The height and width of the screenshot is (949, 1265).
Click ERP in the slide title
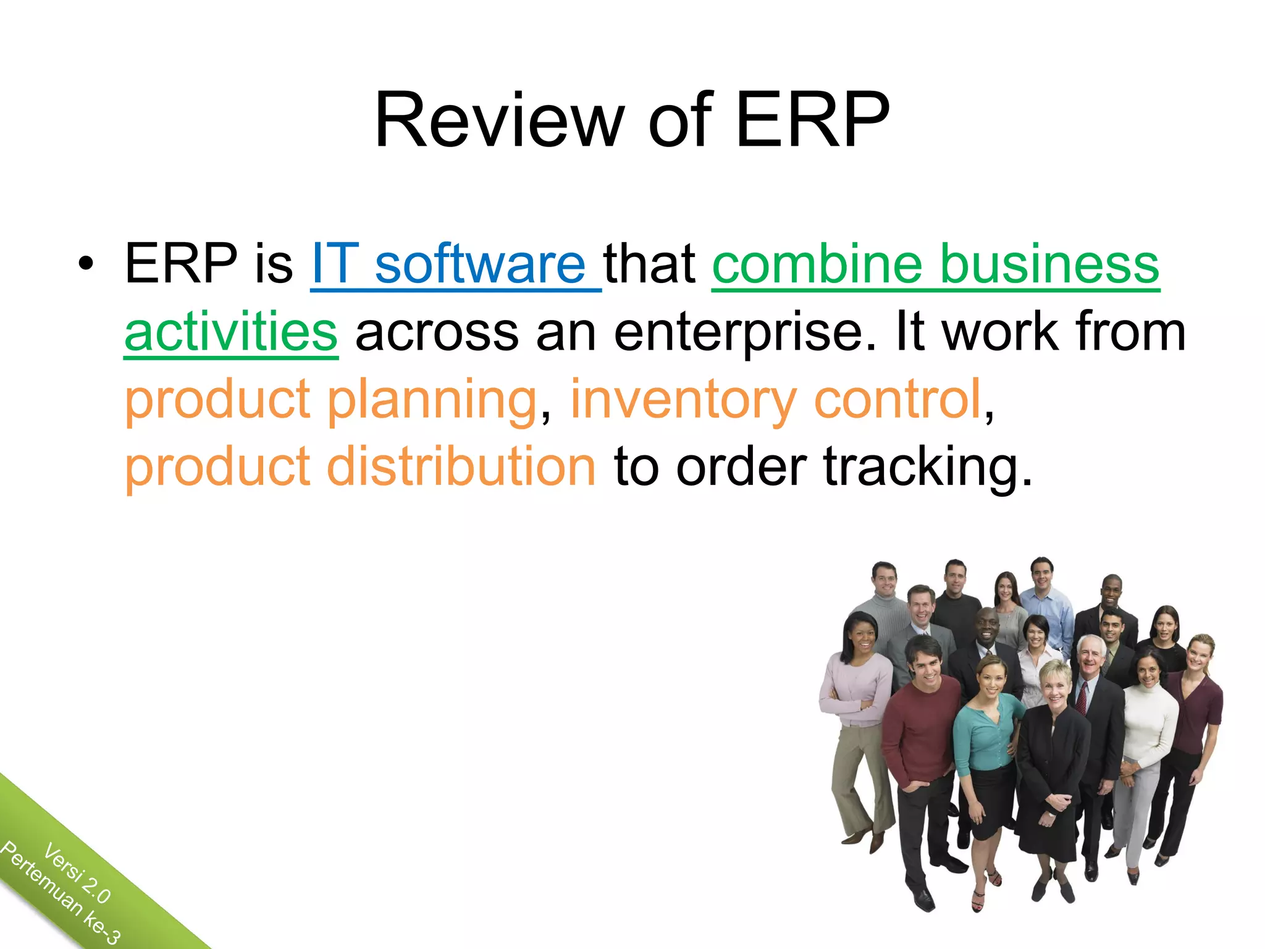pyautogui.click(x=812, y=120)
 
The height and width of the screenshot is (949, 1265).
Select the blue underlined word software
pyautogui.click(x=480, y=264)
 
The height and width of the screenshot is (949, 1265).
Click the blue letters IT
pyautogui.click(x=335, y=264)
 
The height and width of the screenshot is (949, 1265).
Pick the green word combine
pyautogui.click(x=817, y=264)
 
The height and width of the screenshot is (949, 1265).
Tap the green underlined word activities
pyautogui.click(x=231, y=332)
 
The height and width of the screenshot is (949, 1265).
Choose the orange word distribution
pyautogui.click(x=461, y=467)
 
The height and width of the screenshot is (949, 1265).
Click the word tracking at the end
pyautogui.click(x=927, y=468)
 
